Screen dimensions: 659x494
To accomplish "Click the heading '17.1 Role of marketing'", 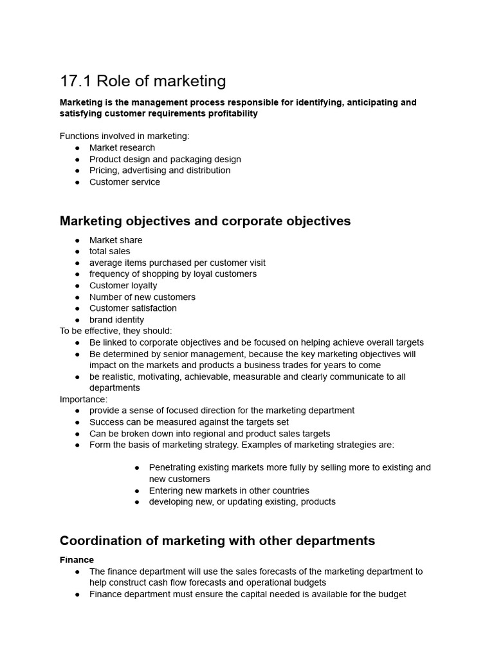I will tap(143, 81).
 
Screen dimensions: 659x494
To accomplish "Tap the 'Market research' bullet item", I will tap(122, 147).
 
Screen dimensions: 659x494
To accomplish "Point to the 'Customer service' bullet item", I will tap(124, 181).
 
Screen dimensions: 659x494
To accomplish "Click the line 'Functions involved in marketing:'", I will tap(124, 136).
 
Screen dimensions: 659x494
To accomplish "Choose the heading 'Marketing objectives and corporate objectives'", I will tap(205, 221).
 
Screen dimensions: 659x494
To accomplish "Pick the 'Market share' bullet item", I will tap(116, 240).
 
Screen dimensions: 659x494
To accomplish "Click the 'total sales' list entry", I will tap(109, 251).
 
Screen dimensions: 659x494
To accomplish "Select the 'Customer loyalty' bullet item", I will tap(123, 285).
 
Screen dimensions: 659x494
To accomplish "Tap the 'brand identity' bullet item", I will tap(116, 319).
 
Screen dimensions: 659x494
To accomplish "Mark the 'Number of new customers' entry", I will tap(142, 297).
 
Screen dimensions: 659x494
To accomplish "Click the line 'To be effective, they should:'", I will tap(116, 331).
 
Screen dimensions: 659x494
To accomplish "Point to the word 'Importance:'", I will tap(84, 399).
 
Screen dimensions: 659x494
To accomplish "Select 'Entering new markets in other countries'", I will tap(229, 490).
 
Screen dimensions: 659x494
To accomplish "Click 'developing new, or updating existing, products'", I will tap(242, 501).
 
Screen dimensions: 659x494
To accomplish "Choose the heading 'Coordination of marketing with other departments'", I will tap(217, 541).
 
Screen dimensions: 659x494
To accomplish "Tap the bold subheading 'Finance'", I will tap(77, 560).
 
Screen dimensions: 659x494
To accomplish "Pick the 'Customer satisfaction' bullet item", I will tap(133, 308).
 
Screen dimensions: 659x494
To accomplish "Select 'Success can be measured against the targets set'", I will tap(188, 422).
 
